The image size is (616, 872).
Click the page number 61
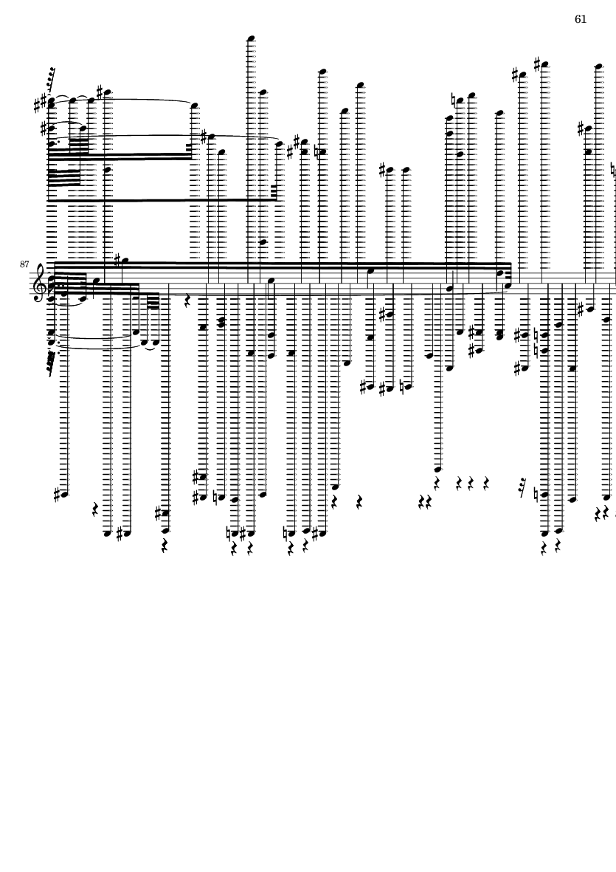point(581,19)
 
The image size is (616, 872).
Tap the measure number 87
point(24,264)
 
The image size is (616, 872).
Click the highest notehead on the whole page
point(251,38)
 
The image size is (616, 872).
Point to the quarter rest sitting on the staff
point(188,301)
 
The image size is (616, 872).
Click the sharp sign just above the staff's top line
point(117,259)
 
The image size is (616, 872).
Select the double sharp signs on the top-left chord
point(40,105)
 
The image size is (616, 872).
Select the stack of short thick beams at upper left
point(63,178)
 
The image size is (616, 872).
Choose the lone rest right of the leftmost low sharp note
point(96,509)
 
